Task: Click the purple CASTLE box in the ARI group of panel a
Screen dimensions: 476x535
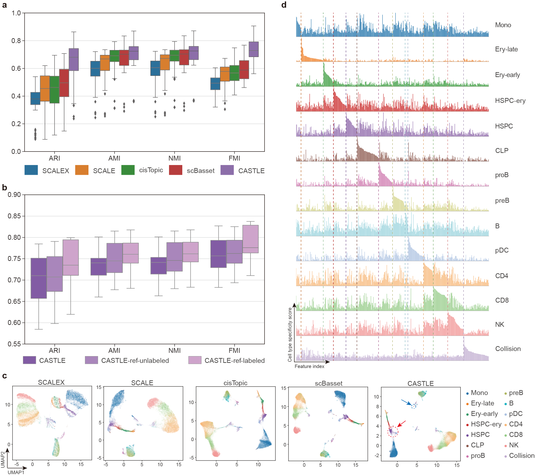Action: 74,59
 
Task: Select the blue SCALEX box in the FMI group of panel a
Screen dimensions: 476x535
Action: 215,84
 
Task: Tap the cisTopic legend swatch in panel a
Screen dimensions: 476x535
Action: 128,170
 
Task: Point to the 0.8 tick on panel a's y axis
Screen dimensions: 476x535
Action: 16,41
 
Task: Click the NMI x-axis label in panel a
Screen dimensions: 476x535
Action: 174,158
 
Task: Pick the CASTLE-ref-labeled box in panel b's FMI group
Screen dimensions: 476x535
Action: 250,239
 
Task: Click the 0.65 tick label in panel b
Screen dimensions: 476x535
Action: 14,301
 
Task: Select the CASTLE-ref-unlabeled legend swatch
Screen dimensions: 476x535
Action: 91,360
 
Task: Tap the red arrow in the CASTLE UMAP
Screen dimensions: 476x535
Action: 402,424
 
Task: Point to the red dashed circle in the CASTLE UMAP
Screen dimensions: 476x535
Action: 393,431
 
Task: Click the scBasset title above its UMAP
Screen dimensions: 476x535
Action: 328,383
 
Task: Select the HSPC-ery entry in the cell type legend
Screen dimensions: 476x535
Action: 486,424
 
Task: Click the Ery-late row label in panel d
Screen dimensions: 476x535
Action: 506,49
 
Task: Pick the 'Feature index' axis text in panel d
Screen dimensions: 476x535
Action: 309,366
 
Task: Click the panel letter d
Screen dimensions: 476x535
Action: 284,5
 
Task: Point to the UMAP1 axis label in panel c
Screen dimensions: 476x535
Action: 16,472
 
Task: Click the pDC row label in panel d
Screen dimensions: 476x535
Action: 501,250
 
